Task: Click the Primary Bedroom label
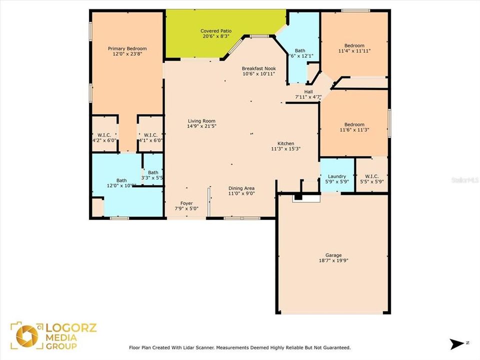127,48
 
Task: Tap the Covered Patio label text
214,30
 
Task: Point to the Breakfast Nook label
258,68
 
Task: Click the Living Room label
201,120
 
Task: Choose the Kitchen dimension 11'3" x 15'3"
285,148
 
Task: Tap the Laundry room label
336,176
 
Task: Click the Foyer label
186,203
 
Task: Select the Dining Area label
241,188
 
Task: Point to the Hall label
308,91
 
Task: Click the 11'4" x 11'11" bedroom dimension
354,51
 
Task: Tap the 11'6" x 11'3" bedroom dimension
354,130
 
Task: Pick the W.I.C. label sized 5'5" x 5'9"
371,176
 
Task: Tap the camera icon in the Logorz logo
26,336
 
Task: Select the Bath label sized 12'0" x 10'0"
121,180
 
